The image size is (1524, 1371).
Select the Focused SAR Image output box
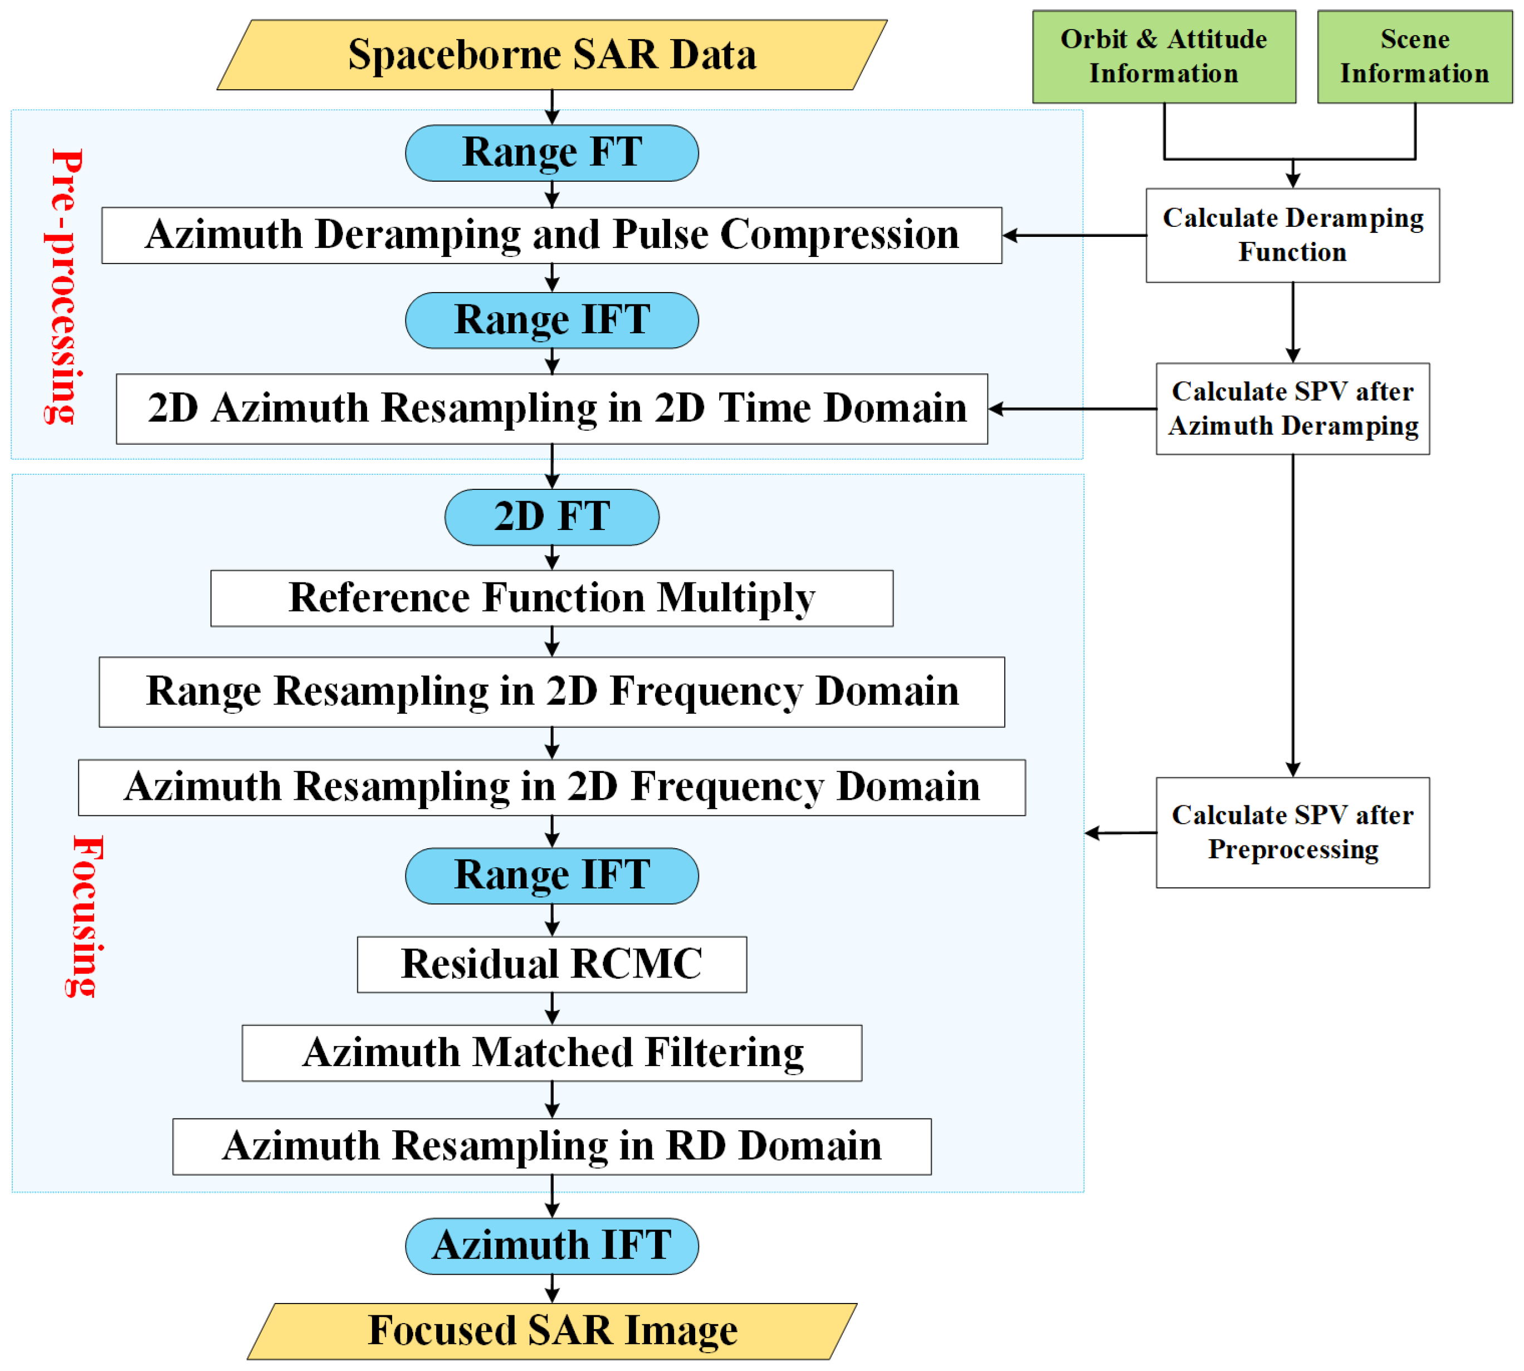[552, 1330]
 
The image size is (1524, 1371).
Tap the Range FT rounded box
[552, 153]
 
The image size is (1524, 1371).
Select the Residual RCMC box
[552, 964]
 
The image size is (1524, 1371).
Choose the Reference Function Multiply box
[552, 598]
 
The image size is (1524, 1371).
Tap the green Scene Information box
[1414, 56]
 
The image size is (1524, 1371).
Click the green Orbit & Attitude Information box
[1163, 56]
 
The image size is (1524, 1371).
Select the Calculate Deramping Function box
[1292, 235]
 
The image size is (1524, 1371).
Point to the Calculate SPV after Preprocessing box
[1292, 833]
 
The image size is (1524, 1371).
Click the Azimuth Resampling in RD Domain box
[552, 1146]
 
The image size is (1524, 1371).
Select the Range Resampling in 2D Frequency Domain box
[552, 692]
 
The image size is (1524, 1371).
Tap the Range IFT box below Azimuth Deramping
[552, 320]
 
